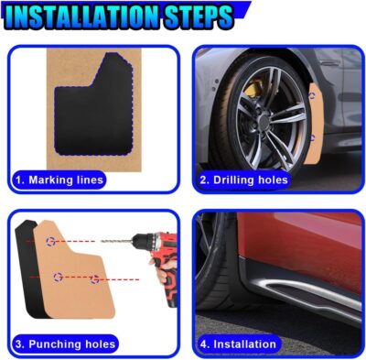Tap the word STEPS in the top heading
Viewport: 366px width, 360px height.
coord(191,16)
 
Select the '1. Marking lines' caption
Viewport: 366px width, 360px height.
coord(59,180)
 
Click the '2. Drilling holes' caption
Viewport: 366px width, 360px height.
coord(244,180)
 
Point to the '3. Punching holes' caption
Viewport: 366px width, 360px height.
coord(65,344)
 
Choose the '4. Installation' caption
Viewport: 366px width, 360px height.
coord(239,344)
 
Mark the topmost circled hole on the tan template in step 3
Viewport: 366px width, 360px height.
coord(51,241)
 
